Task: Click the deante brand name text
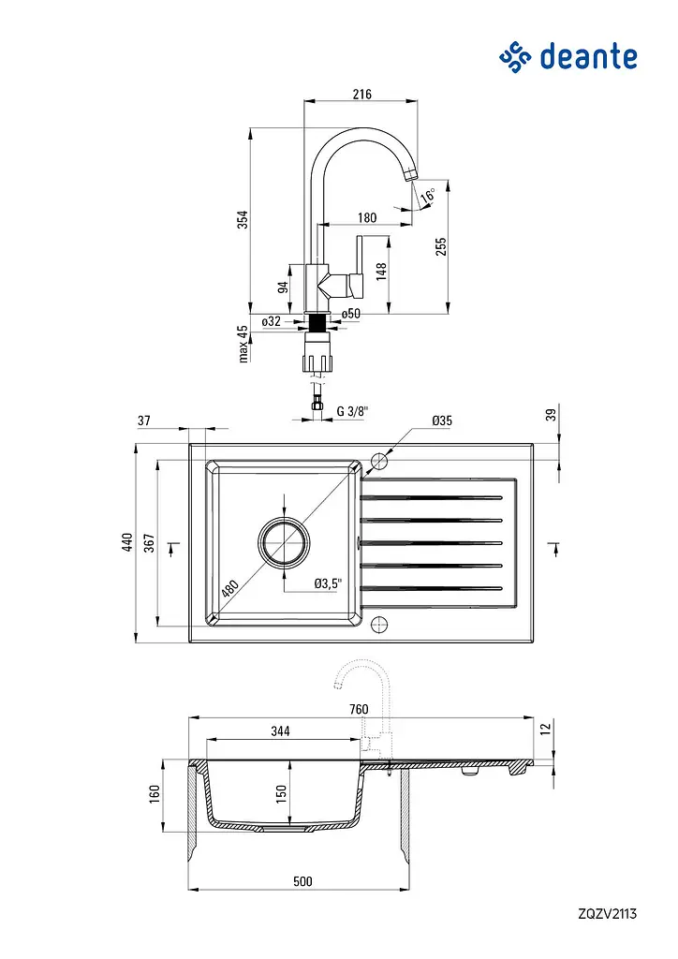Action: coord(588,56)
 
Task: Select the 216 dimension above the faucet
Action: coord(361,95)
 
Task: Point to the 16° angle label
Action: coord(429,196)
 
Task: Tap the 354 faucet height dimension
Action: coord(243,219)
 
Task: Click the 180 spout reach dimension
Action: coord(367,217)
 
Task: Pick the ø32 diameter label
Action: coord(271,321)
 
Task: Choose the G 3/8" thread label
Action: coord(353,411)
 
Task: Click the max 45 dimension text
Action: coord(243,344)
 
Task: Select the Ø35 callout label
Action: coord(442,420)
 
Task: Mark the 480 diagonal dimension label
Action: coord(229,588)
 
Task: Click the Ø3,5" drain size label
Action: coord(328,583)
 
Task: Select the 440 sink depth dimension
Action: coord(127,542)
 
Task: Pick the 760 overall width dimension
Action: coord(359,710)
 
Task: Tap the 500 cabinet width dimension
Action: coord(302,881)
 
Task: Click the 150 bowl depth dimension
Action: coord(281,794)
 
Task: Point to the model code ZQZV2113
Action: coord(607,914)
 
